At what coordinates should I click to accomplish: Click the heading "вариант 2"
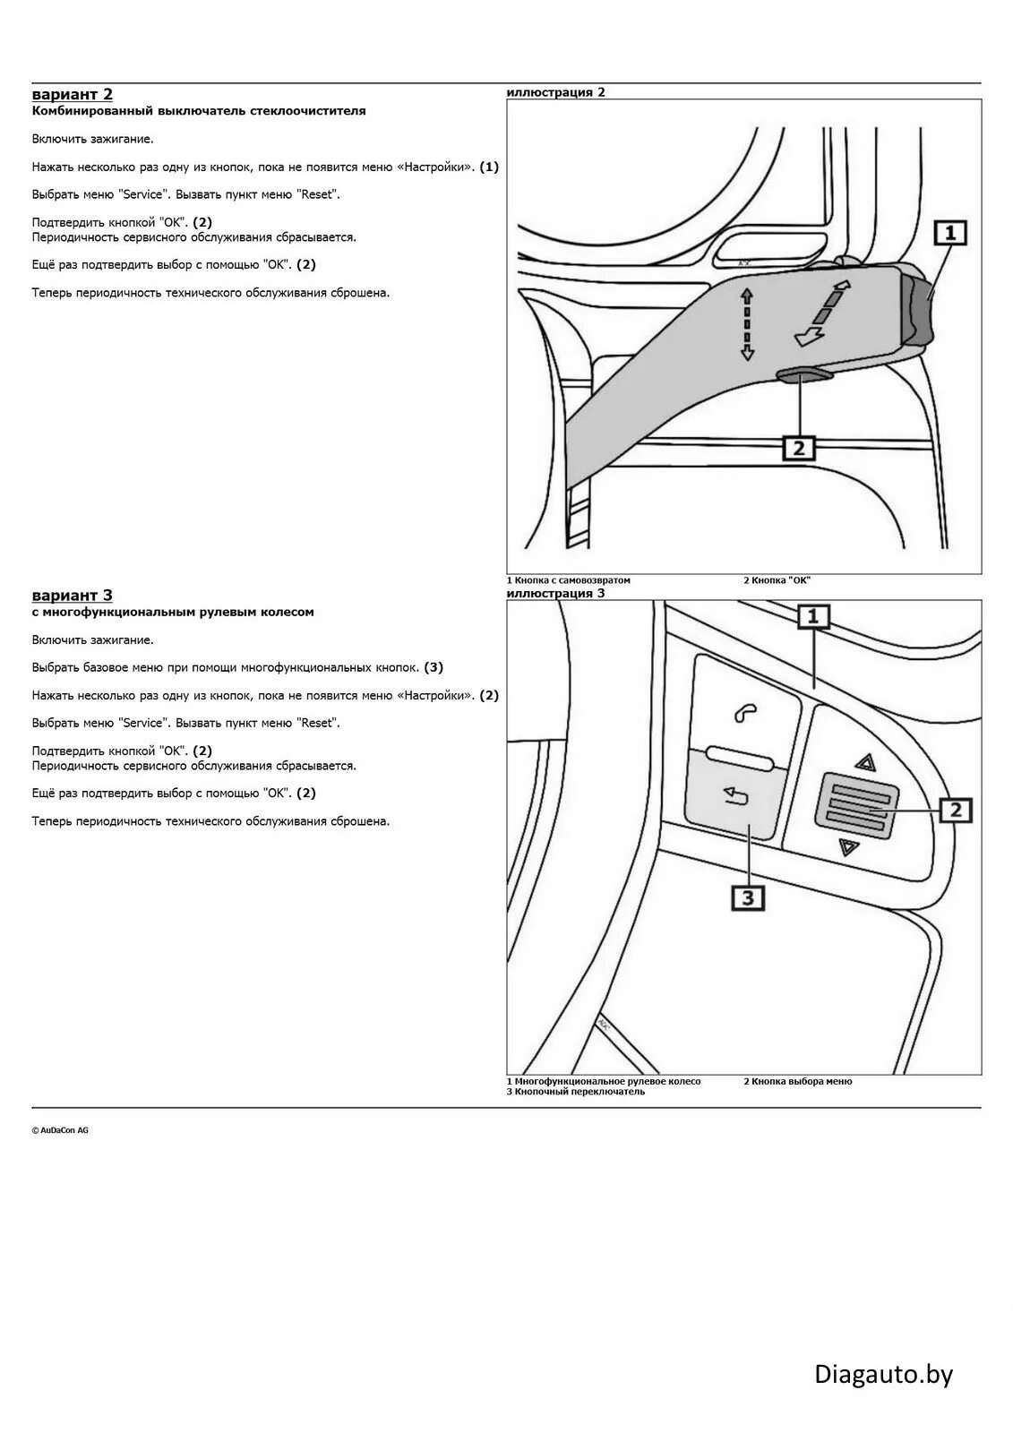[72, 94]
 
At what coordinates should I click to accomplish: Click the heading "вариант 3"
[72, 595]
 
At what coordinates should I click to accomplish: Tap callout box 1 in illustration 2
[950, 234]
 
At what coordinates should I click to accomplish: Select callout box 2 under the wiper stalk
[798, 446]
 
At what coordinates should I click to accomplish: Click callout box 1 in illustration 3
[813, 615]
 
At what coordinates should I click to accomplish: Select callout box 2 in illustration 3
[955, 810]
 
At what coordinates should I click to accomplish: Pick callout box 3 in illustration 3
[748, 897]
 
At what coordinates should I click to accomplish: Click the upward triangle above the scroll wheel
[864, 762]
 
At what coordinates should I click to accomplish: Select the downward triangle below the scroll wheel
[848, 847]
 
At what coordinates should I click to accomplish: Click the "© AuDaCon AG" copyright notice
[60, 1130]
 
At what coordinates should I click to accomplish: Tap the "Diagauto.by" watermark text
[883, 1373]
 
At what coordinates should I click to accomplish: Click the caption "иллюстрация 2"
[555, 92]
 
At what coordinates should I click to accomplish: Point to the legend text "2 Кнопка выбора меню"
[797, 1081]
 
